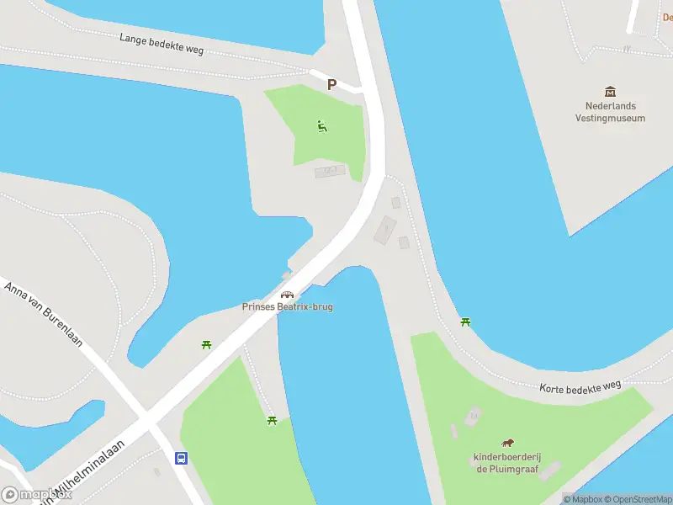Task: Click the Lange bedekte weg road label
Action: point(161,44)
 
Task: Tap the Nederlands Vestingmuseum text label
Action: point(610,112)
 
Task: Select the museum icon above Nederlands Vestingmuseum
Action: point(610,91)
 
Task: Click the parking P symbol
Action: point(331,84)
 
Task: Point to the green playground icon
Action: point(321,127)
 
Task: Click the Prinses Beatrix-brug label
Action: point(288,306)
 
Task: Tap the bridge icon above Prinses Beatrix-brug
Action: point(288,295)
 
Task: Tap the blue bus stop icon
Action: point(181,459)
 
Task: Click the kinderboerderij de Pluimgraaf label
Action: point(506,462)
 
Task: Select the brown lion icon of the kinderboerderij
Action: point(507,443)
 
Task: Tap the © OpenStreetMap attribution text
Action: point(638,499)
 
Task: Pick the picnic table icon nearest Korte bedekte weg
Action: point(465,322)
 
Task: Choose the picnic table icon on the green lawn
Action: point(272,419)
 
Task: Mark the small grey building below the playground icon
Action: point(330,171)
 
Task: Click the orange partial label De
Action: point(667,17)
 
